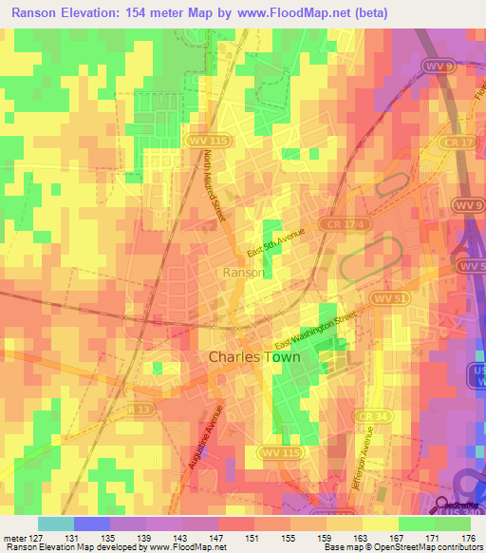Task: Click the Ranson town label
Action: [243, 272]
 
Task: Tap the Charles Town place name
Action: [253, 358]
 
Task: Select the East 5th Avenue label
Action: [274, 243]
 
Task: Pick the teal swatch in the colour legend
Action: [55, 524]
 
